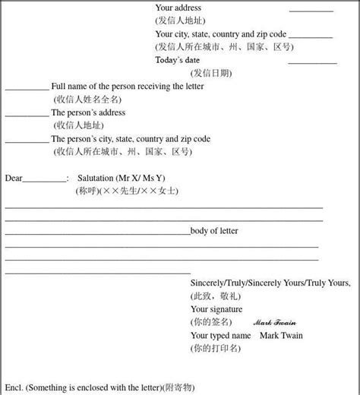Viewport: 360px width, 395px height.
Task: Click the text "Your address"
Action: click(178, 8)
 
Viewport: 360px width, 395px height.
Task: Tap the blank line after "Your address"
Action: click(311, 11)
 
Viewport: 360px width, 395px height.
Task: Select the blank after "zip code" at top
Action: click(311, 36)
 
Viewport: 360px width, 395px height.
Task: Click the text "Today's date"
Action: click(178, 60)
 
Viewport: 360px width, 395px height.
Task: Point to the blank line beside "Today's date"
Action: click(312, 62)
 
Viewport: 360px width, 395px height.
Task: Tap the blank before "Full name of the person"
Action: click(27, 89)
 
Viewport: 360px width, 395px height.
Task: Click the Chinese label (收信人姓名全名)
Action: click(87, 100)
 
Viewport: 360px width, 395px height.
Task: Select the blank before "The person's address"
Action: click(27, 115)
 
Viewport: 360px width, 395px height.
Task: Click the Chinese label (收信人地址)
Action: click(76, 125)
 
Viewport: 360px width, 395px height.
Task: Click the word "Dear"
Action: click(14, 179)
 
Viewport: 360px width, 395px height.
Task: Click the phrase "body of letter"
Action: click(214, 231)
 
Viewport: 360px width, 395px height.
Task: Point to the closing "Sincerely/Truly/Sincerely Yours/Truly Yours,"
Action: click(270, 283)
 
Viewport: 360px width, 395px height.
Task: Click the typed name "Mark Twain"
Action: click(282, 335)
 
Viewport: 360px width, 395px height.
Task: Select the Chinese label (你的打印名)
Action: click(216, 348)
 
